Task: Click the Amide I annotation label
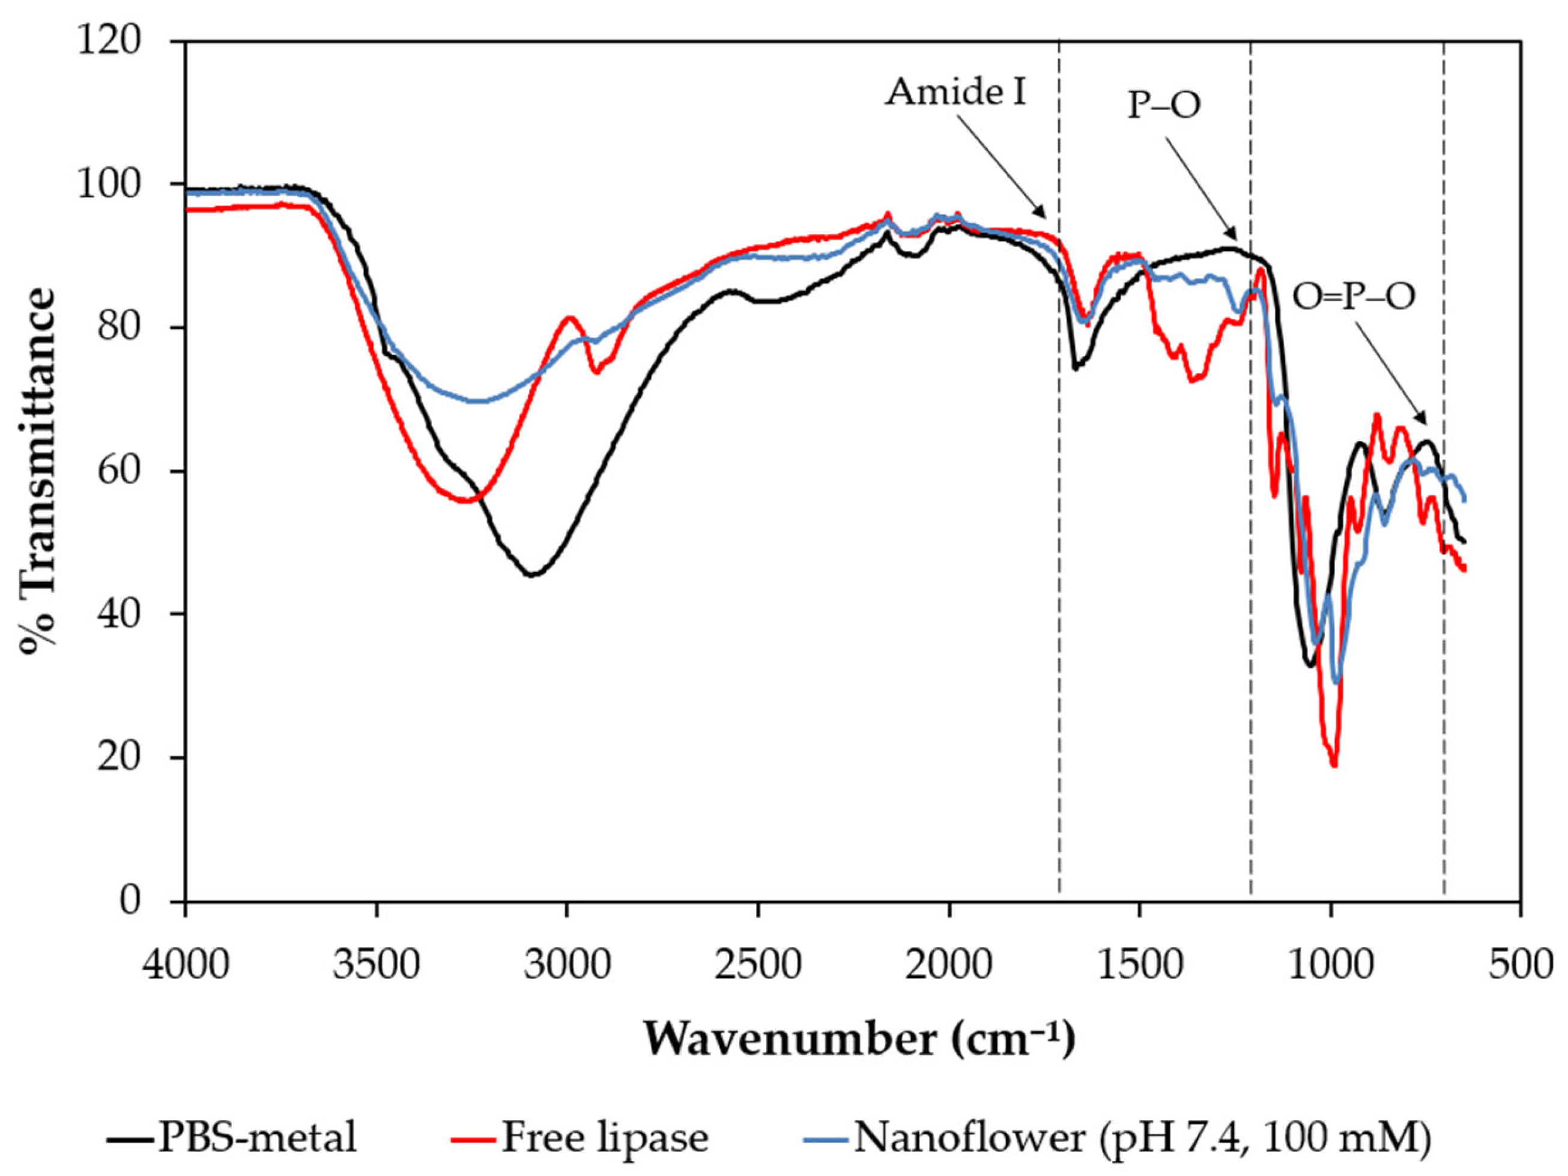coord(955,92)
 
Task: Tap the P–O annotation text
coord(1164,106)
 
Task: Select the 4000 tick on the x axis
coord(186,965)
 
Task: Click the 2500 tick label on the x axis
coord(758,965)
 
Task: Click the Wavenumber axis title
coord(859,1040)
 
